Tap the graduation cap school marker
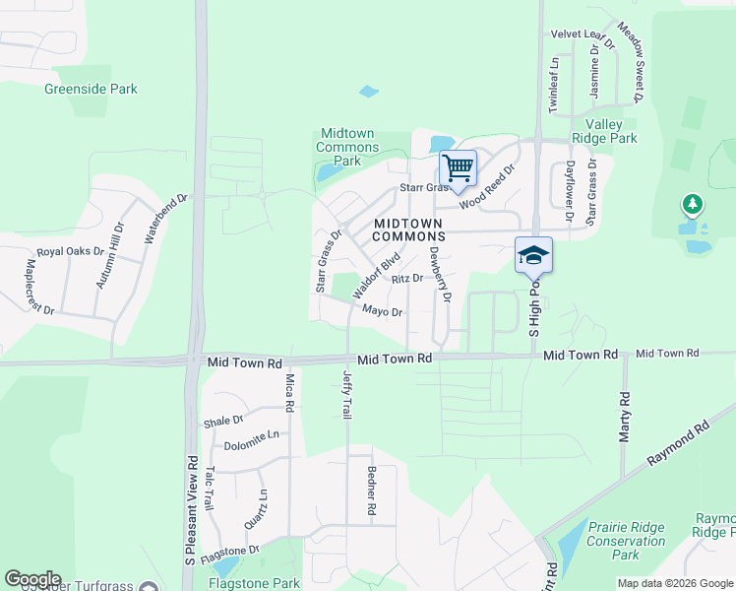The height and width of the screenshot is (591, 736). click(x=533, y=255)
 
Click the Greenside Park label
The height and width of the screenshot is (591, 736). click(x=91, y=89)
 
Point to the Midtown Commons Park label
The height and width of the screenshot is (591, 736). click(x=347, y=148)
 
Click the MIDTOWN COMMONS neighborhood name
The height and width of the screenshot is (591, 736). click(x=408, y=230)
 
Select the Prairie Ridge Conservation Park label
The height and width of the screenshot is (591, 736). click(x=626, y=542)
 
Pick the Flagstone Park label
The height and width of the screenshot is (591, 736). click(x=254, y=582)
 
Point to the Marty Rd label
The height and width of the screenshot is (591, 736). click(x=624, y=417)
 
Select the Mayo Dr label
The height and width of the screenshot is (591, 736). click(x=383, y=312)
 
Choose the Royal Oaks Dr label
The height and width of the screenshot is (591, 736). click(x=70, y=251)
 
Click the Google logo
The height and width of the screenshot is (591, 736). click(x=32, y=579)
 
